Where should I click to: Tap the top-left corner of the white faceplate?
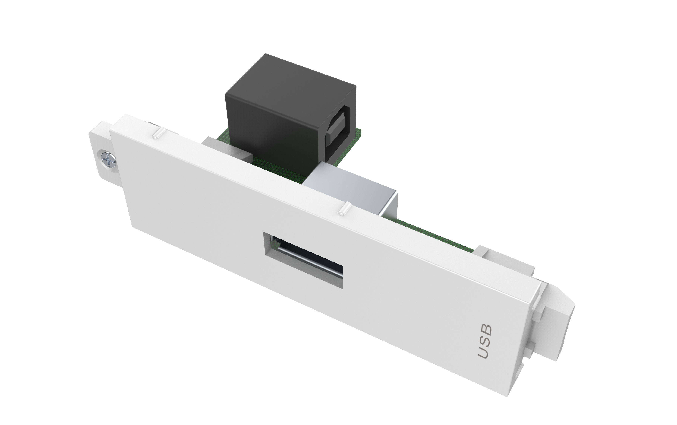tap(112, 130)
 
